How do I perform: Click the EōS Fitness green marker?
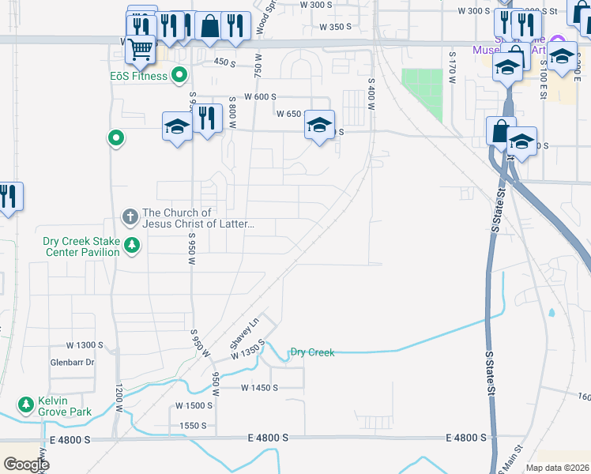click(x=179, y=76)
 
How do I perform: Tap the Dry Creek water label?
click(x=312, y=352)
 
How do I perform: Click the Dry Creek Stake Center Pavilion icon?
click(x=132, y=246)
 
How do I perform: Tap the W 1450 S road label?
click(x=259, y=387)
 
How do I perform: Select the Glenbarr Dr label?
click(x=72, y=362)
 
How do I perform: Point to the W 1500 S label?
click(x=194, y=405)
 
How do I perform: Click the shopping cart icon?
click(x=140, y=50)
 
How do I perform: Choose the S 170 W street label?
click(x=453, y=68)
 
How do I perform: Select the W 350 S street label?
click(x=334, y=27)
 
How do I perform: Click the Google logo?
click(x=26, y=465)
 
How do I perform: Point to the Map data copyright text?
click(x=556, y=468)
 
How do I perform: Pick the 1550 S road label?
click(x=193, y=425)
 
